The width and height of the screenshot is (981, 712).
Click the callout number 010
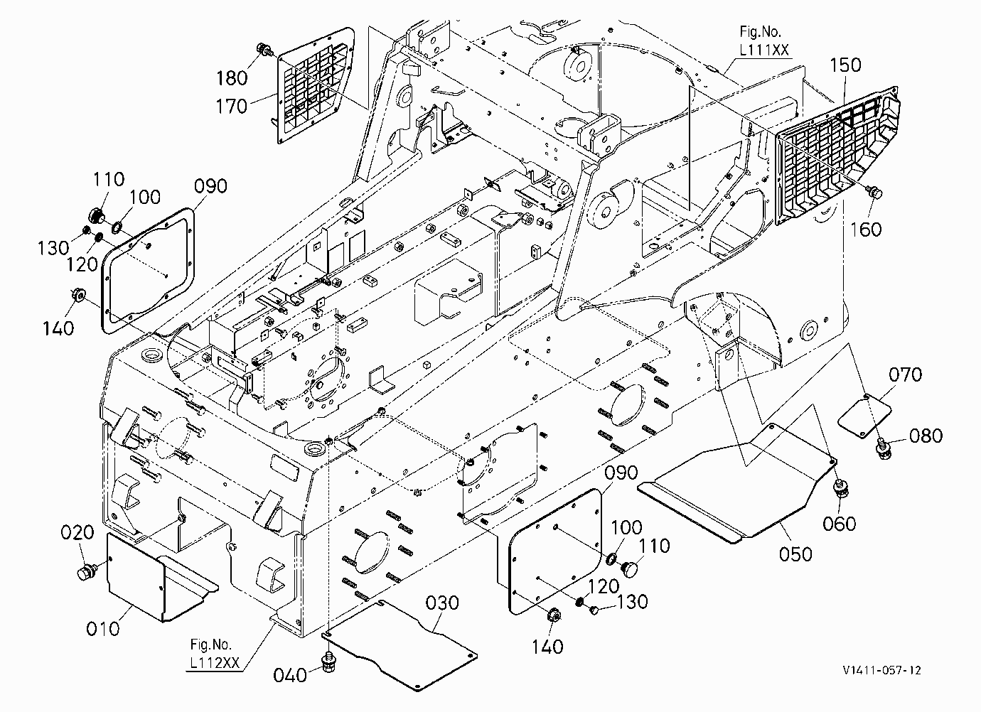[103, 630]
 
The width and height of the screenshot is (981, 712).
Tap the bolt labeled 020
[86, 572]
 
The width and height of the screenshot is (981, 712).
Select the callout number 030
[442, 603]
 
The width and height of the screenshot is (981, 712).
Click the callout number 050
[795, 554]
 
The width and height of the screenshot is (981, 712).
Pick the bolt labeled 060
[841, 488]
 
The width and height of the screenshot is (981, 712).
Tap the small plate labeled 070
[864, 416]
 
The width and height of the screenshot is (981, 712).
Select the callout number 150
[845, 65]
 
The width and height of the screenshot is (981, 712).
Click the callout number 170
[232, 106]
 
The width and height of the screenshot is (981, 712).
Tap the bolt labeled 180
[264, 49]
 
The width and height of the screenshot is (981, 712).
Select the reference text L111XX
[764, 50]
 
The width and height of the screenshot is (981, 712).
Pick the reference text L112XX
[215, 662]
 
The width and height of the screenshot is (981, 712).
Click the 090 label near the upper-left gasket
[210, 186]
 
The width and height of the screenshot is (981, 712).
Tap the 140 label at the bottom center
[547, 647]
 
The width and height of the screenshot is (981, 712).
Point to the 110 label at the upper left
[109, 179]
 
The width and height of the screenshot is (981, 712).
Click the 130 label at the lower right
[632, 602]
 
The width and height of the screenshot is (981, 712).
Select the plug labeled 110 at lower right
[629, 569]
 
